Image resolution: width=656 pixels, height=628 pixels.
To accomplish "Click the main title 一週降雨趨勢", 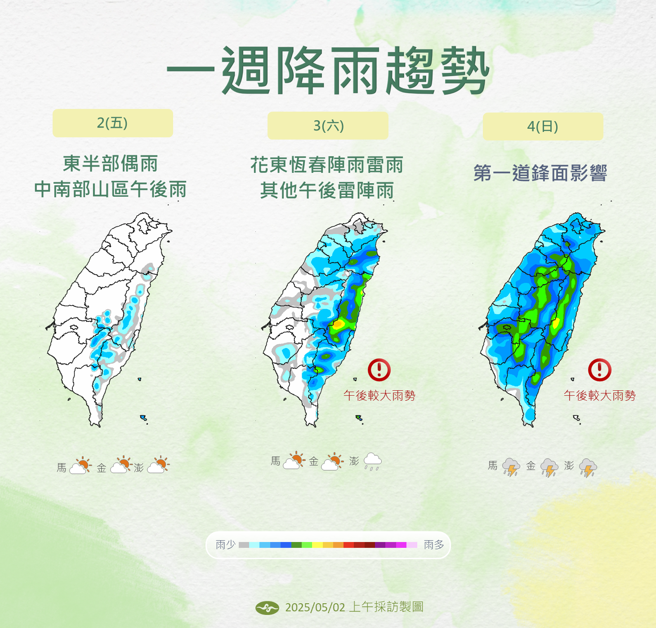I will pyautogui.click(x=328, y=71).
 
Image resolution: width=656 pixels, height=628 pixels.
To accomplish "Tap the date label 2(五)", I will pyautogui.click(x=112, y=123).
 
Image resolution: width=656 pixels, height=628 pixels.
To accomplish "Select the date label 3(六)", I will pyautogui.click(x=328, y=126).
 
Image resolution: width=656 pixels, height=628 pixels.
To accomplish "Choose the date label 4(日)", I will pyautogui.click(x=543, y=127).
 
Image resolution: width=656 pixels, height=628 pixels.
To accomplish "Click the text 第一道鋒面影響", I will pyautogui.click(x=540, y=173).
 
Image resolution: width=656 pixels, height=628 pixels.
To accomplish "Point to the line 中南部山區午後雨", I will pyautogui.click(x=110, y=190).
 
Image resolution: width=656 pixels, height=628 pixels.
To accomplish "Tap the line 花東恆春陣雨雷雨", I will pyautogui.click(x=327, y=165).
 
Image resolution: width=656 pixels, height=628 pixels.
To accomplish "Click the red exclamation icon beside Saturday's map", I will pyautogui.click(x=379, y=370).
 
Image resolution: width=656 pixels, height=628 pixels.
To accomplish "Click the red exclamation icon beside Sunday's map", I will pyautogui.click(x=599, y=370).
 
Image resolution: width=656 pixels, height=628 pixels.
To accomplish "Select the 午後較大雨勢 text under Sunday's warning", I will pyautogui.click(x=599, y=396).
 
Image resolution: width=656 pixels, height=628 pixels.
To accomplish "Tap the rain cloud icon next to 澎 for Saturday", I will pyautogui.click(x=372, y=461).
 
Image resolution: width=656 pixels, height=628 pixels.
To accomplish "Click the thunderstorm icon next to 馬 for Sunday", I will pyautogui.click(x=511, y=467).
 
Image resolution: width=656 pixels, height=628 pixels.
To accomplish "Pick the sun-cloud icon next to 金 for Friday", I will pyautogui.click(x=120, y=465).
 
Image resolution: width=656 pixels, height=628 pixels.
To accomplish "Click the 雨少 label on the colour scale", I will pyautogui.click(x=225, y=545).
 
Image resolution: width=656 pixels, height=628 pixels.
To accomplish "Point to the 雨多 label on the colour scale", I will pyautogui.click(x=433, y=545).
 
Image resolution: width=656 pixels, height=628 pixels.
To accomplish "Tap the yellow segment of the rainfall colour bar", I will pyautogui.click(x=317, y=545).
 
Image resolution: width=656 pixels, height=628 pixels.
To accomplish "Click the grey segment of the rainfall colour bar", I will pyautogui.click(x=244, y=545).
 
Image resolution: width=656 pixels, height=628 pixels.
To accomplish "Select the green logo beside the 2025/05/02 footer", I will pyautogui.click(x=267, y=608).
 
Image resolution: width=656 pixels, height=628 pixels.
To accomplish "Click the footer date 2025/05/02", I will pyautogui.click(x=315, y=608).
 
